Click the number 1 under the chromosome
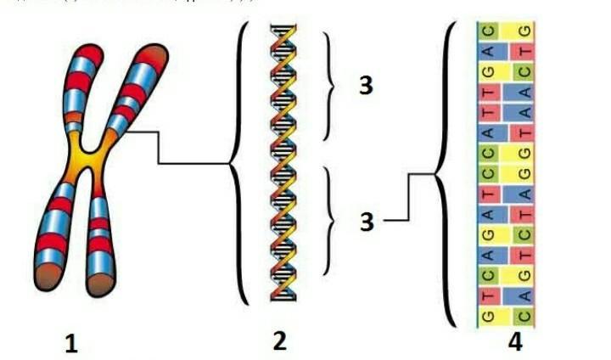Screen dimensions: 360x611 coord(71,343)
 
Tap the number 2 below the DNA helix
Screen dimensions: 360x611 coord(279,340)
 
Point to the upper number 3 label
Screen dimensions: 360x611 coord(366,86)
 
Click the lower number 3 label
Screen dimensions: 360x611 coord(366,222)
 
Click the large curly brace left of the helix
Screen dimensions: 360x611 coord(237,162)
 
